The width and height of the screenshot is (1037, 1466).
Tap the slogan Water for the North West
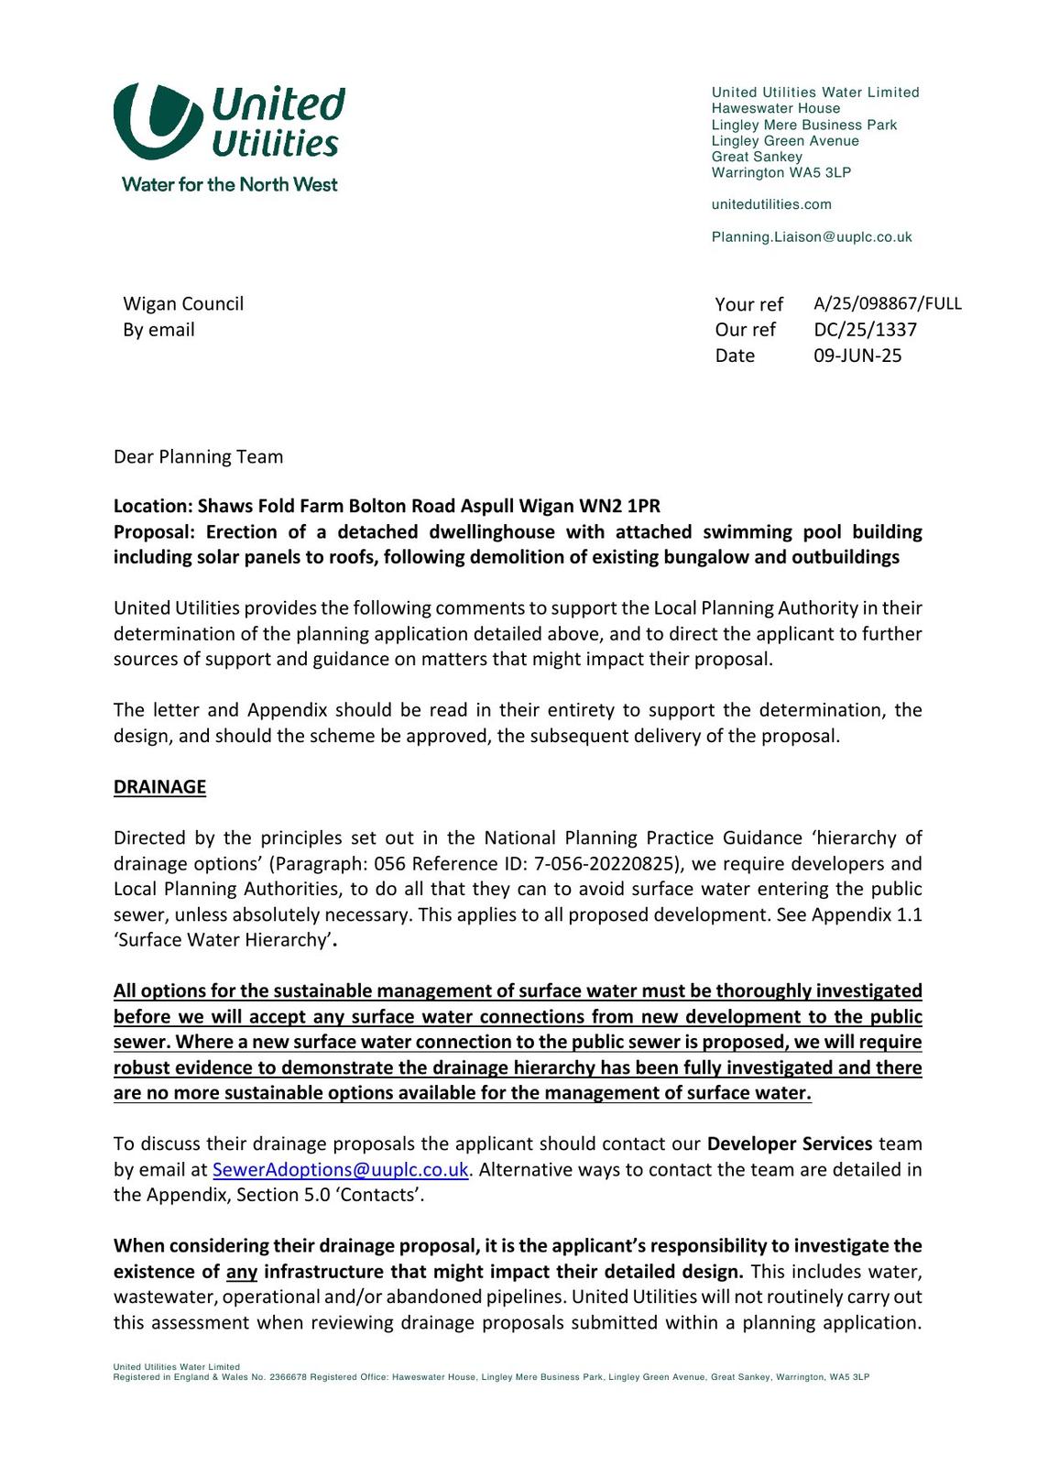(229, 184)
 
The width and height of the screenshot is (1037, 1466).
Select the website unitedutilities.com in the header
(771, 204)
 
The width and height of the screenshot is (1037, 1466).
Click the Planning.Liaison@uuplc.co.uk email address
(812, 237)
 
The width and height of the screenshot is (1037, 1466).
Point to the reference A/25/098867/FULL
(887, 303)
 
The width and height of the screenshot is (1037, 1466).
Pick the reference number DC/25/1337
(865, 329)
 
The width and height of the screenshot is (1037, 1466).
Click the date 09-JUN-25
(857, 356)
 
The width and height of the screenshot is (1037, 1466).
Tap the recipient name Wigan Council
(183, 303)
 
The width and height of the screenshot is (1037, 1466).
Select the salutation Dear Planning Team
(198, 456)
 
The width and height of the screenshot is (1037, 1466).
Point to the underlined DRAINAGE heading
(159, 787)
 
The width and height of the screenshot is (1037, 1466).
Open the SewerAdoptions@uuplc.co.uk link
(340, 1170)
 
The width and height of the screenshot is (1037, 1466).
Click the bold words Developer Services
(790, 1144)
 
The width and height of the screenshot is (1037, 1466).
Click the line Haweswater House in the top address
(775, 108)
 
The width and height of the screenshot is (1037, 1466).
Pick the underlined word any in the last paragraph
(242, 1272)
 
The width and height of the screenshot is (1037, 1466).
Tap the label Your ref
(748, 304)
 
